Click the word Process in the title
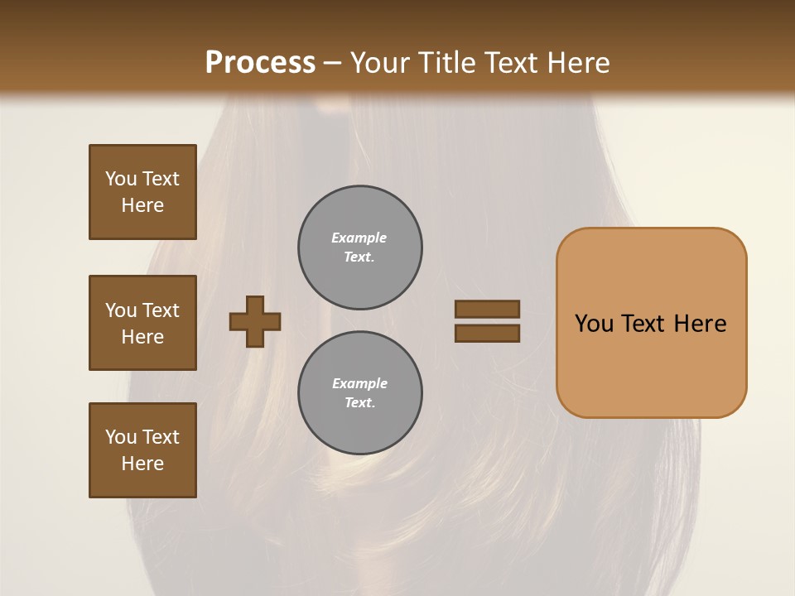coord(260,62)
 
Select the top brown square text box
coord(142,192)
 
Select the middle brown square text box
coord(142,323)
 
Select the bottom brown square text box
coord(142,450)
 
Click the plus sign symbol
coord(255,321)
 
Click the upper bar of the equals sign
coord(487,309)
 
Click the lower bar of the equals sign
coord(487,334)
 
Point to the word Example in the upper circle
coord(359,238)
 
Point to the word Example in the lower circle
coord(359,383)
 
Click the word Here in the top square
coord(142,205)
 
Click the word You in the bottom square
coord(121,437)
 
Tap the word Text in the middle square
coord(161,310)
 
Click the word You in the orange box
coord(594,324)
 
